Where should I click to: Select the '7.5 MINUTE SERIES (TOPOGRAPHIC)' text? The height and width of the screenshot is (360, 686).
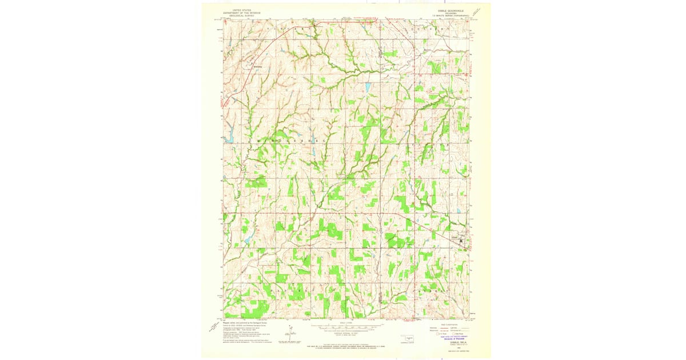(449, 16)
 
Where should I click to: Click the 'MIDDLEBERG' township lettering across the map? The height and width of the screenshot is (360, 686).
(286, 140)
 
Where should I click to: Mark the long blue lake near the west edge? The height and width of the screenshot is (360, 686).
(230, 138)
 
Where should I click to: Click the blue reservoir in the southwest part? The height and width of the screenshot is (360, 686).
(247, 240)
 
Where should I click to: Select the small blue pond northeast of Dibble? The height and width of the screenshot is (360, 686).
(458, 211)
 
